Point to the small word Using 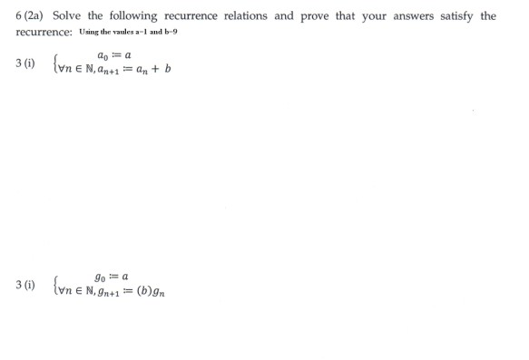(94, 33)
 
